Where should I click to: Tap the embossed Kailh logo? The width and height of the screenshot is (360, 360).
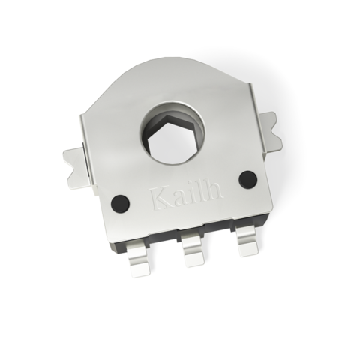[187, 196]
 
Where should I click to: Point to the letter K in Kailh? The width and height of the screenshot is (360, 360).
[160, 199]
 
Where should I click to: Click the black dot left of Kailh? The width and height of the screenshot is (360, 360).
[119, 202]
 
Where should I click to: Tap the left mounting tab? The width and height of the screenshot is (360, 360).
[75, 164]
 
